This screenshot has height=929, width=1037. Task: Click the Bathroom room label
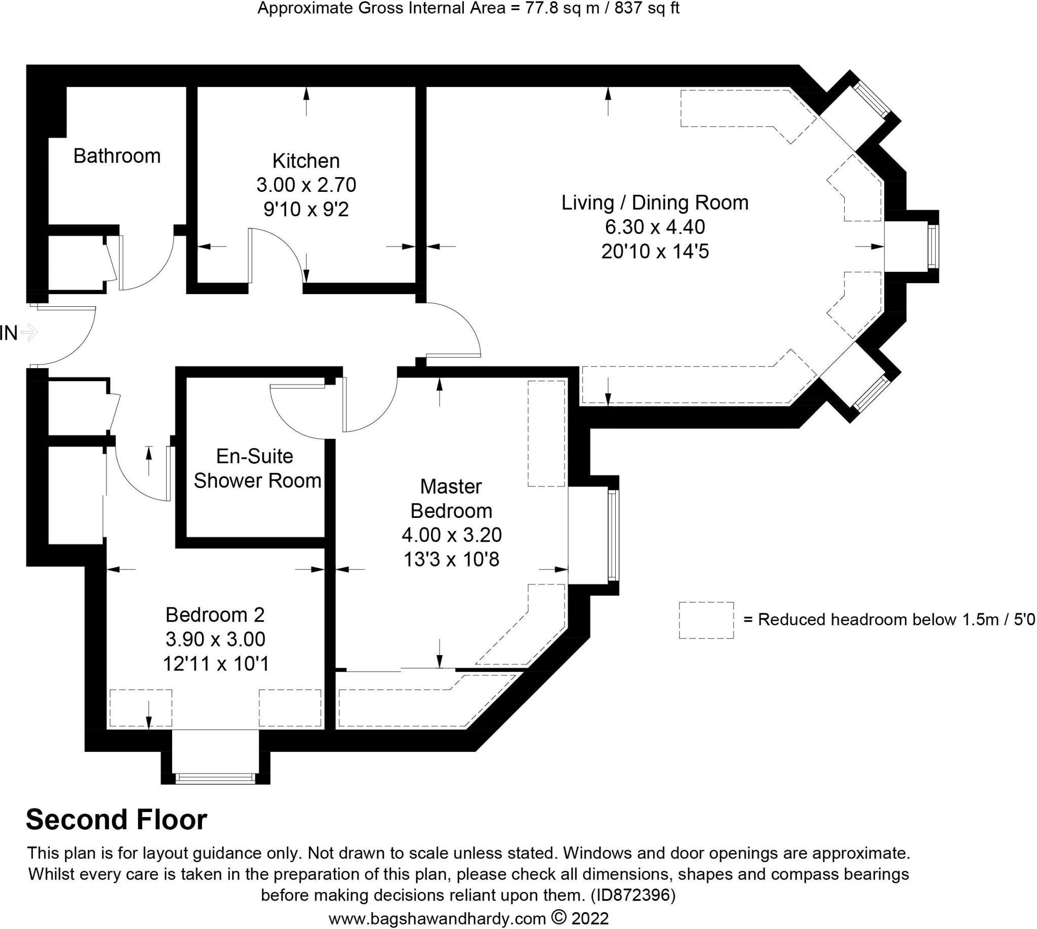117,156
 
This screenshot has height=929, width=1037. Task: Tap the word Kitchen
306,161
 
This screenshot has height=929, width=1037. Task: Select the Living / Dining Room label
655,203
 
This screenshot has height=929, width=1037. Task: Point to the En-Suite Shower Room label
257,468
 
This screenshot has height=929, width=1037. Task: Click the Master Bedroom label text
451,499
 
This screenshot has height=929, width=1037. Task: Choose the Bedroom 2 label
215,615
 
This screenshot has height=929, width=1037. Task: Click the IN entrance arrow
29,333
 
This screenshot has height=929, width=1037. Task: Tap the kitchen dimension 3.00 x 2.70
306,185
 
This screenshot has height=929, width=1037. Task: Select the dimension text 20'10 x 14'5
655,252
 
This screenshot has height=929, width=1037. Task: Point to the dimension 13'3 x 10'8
451,559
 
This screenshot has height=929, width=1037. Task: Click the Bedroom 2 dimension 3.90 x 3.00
216,639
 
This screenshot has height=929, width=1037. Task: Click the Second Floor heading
116,820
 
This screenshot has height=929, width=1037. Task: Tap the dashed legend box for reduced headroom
706,620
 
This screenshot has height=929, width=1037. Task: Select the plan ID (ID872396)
632,895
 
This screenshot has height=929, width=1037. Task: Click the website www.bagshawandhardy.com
437,919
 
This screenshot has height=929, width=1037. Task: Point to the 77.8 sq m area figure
562,8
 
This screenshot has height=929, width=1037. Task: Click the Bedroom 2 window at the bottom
215,779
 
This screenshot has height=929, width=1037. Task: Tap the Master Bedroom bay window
613,535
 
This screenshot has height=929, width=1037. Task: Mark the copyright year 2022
590,919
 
